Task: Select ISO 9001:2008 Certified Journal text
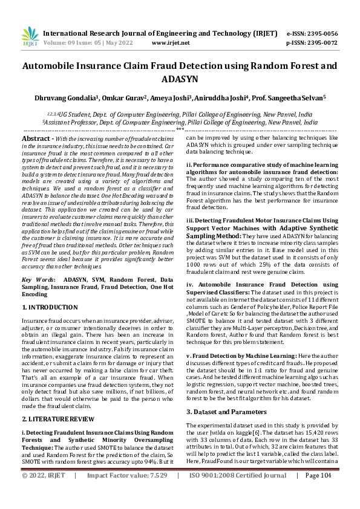(238, 493)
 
